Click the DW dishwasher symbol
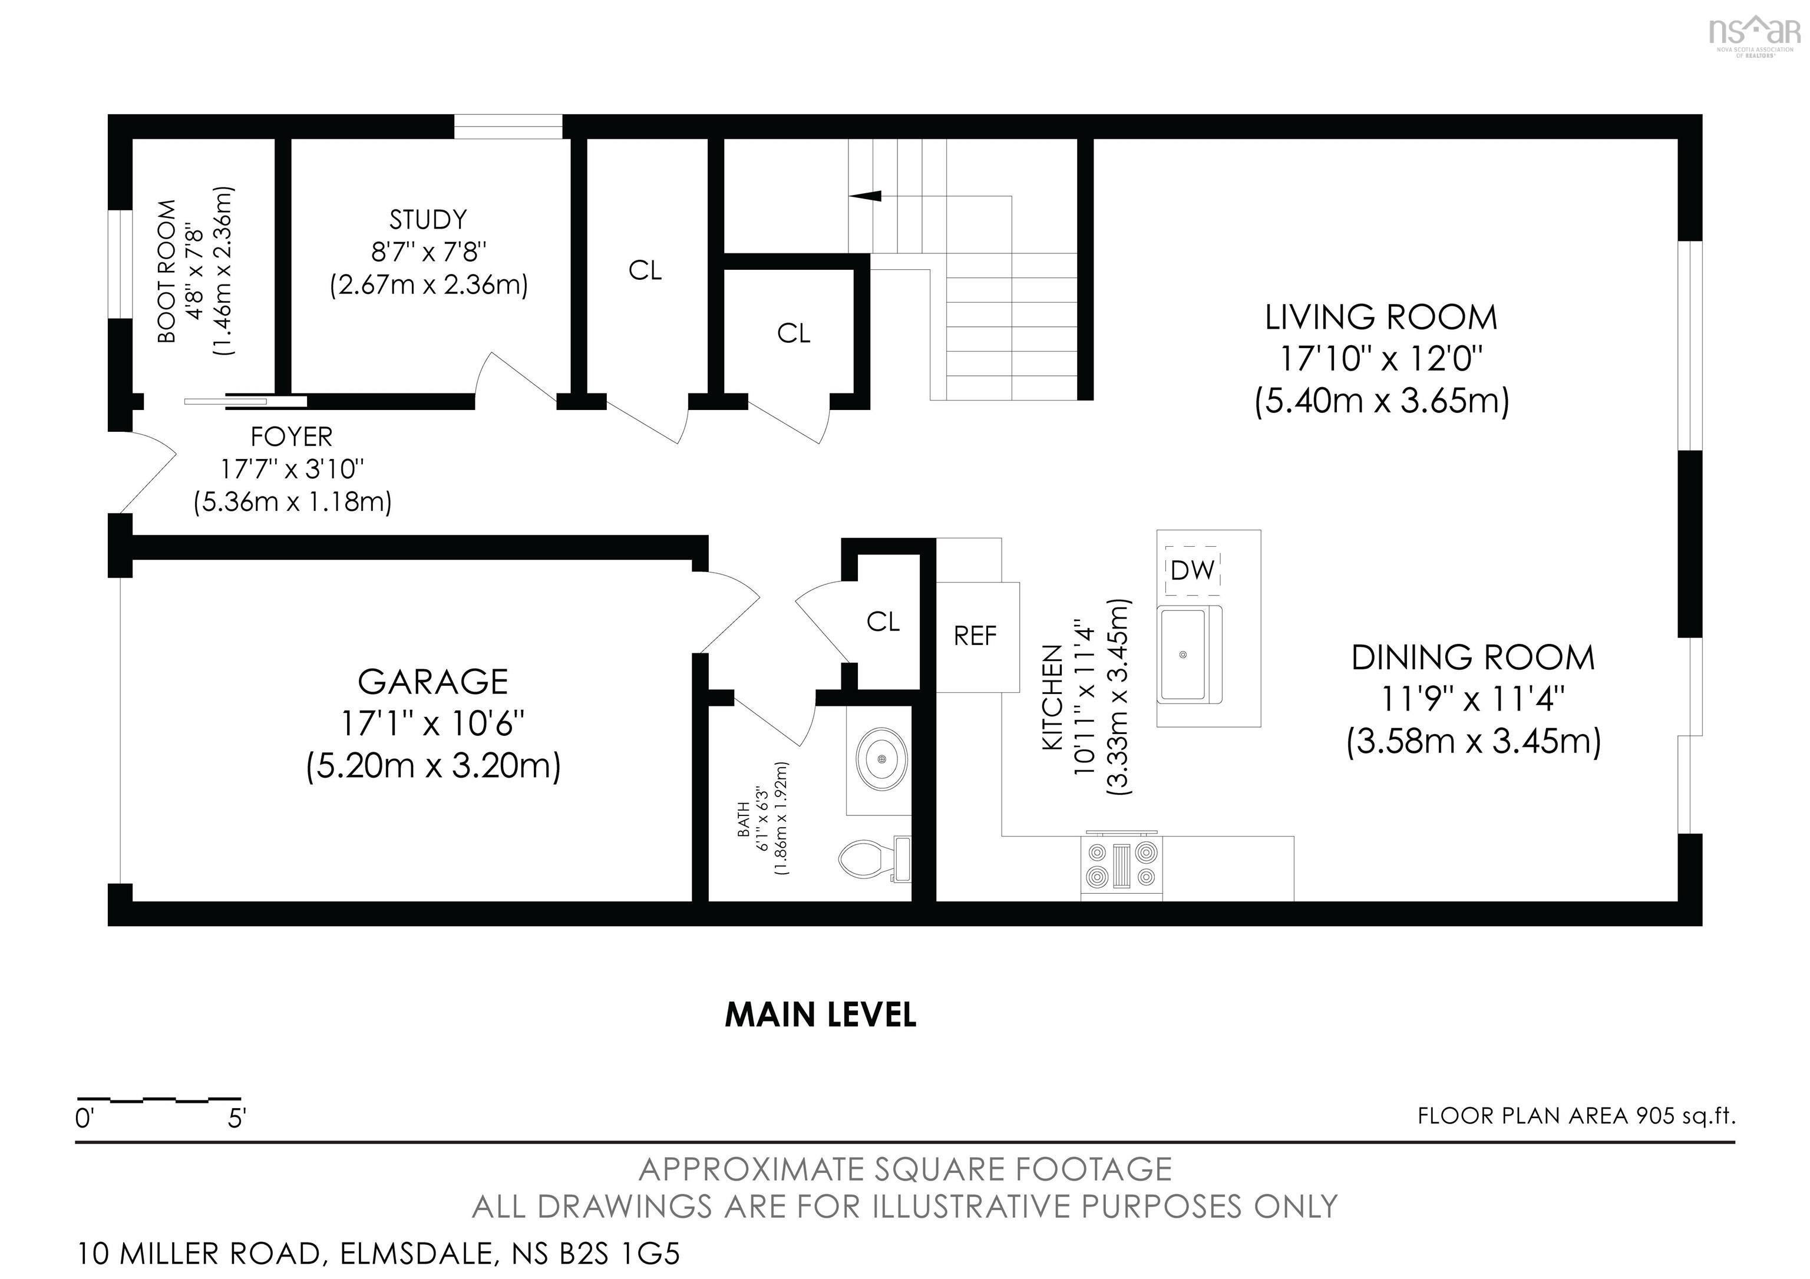(x=1193, y=570)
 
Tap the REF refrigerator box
(x=975, y=636)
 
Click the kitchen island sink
(x=1183, y=654)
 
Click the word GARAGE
(x=433, y=682)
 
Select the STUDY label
(x=428, y=219)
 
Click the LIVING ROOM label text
(x=1381, y=318)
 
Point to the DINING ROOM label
(x=1472, y=657)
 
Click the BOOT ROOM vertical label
(x=167, y=272)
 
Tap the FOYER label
(x=292, y=437)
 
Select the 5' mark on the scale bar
(x=236, y=1118)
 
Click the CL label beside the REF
(x=883, y=622)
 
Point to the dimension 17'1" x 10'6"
(x=433, y=723)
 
